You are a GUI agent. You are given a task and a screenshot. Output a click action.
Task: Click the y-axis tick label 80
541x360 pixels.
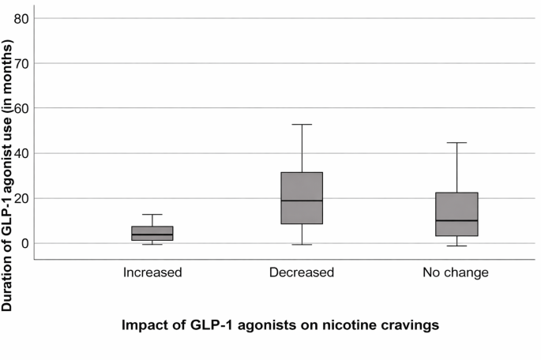click(x=21, y=19)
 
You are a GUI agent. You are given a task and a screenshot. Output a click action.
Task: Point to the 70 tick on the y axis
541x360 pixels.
click(x=21, y=63)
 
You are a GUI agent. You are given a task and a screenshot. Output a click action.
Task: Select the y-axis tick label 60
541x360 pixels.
click(x=21, y=108)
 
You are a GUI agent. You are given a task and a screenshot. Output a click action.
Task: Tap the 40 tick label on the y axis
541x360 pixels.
click(x=21, y=153)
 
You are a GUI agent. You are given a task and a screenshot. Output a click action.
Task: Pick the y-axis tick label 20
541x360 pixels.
click(x=21, y=198)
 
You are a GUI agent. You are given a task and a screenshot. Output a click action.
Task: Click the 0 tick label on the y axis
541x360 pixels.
click(x=25, y=243)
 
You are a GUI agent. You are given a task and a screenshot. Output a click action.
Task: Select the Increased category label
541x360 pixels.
click(x=152, y=272)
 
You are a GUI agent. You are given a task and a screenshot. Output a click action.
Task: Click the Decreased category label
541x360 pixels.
click(x=302, y=272)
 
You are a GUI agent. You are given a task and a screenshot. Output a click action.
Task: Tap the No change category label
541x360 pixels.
click(x=456, y=272)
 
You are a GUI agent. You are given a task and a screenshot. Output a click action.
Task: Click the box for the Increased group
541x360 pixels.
click(x=152, y=234)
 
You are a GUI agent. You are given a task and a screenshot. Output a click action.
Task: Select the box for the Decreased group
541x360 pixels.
click(x=302, y=198)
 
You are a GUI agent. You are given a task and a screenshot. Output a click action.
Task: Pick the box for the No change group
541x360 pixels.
click(x=456, y=214)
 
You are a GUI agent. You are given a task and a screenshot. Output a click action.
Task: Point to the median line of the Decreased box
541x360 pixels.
click(x=302, y=201)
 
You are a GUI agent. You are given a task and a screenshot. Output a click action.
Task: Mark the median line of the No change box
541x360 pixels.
click(x=456, y=220)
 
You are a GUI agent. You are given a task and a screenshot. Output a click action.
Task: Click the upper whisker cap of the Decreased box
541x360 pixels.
click(x=302, y=125)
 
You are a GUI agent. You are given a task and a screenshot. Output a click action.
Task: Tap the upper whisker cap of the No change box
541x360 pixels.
click(x=456, y=143)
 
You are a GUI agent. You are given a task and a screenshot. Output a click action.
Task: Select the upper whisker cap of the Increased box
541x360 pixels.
click(x=152, y=215)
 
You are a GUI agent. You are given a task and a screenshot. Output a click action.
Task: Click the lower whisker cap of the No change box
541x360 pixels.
click(x=456, y=246)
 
